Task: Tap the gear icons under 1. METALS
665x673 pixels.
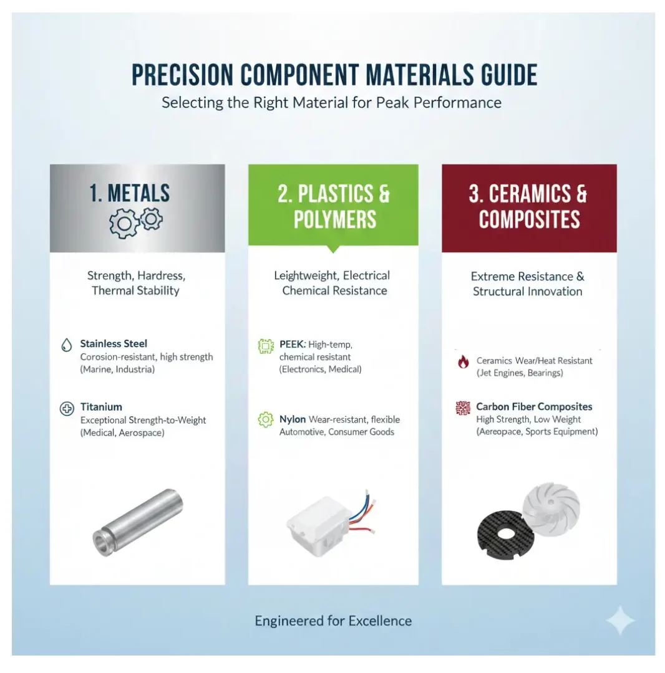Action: (x=136, y=222)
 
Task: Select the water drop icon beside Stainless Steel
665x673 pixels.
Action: (x=67, y=345)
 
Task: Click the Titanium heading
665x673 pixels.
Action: (x=101, y=406)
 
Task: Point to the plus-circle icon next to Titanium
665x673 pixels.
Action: (x=67, y=409)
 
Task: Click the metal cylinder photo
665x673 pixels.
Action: (x=137, y=522)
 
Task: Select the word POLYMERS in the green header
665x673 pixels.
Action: (x=334, y=220)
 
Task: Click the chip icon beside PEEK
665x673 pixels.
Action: (x=266, y=346)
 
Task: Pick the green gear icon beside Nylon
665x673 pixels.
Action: (x=266, y=419)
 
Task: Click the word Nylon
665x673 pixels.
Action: (x=293, y=419)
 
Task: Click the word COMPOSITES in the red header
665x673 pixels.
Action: (x=529, y=220)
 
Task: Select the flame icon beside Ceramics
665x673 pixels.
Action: (x=463, y=362)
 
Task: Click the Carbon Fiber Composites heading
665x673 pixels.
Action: (x=534, y=406)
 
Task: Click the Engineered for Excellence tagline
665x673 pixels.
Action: (x=333, y=621)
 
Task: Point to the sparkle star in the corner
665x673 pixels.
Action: (x=620, y=620)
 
